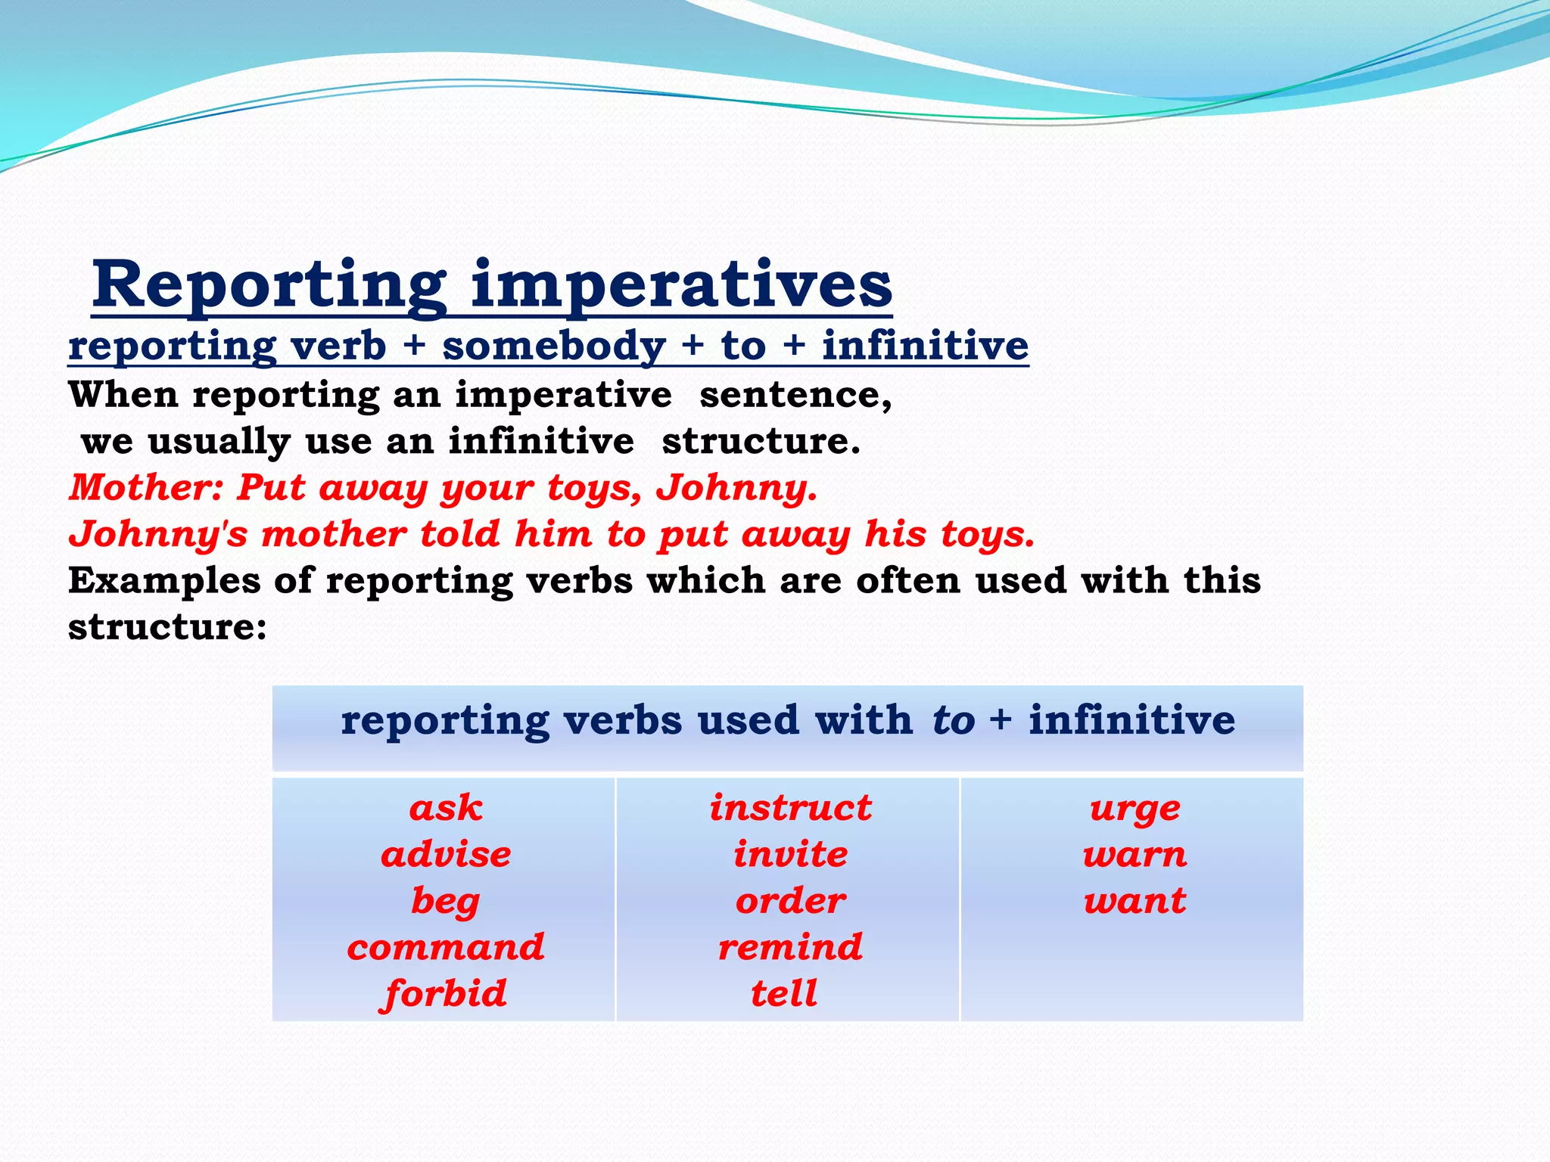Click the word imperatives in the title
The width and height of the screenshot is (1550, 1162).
(x=681, y=285)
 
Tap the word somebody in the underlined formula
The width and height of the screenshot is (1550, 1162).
(x=554, y=346)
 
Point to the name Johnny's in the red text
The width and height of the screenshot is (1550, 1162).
(x=158, y=534)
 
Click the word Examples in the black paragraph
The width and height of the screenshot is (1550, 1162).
(x=163, y=581)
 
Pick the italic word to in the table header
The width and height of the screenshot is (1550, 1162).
(x=954, y=719)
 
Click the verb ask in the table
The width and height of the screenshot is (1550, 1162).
(x=446, y=808)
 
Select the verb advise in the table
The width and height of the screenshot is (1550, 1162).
(x=446, y=855)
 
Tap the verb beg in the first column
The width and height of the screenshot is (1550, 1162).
(x=446, y=902)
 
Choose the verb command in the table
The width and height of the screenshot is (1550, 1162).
(x=446, y=948)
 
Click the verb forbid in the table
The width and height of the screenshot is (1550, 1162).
(x=444, y=994)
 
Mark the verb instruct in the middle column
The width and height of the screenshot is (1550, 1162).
(x=790, y=808)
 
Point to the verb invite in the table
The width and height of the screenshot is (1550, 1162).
(x=790, y=855)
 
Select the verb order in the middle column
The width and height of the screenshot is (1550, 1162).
(x=790, y=902)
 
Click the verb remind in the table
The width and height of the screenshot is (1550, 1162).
(x=790, y=948)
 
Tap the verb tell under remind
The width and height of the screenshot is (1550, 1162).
(x=784, y=994)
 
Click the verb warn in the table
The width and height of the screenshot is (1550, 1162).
(x=1134, y=856)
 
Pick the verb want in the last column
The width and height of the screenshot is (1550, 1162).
(x=1134, y=902)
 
